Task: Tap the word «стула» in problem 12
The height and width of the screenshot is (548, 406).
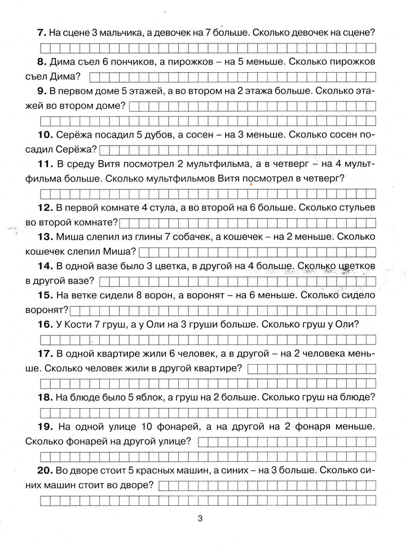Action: (x=179, y=209)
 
